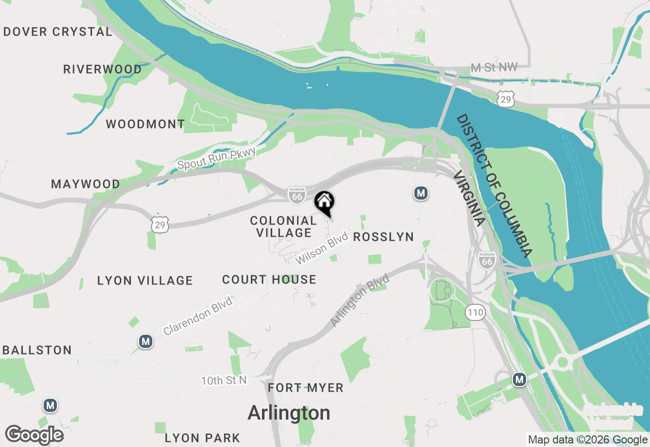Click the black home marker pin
pyautogui.click(x=324, y=202)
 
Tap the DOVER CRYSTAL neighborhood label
pyautogui.click(x=57, y=31)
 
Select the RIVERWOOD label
pyautogui.click(x=103, y=69)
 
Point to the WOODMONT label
pyautogui.click(x=145, y=124)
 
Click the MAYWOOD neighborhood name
pyautogui.click(x=86, y=184)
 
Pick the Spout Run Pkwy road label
pyautogui.click(x=216, y=158)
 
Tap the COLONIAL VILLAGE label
pyautogui.click(x=283, y=227)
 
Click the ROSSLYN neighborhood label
pyautogui.click(x=383, y=237)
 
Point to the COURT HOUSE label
pyautogui.click(x=269, y=279)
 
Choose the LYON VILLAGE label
pyautogui.click(x=145, y=280)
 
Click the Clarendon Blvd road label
pyautogui.click(x=198, y=316)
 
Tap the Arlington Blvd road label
pyautogui.click(x=360, y=300)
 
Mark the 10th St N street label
pyautogui.click(x=224, y=380)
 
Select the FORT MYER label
pyautogui.click(x=306, y=388)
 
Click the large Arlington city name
pyautogui.click(x=289, y=413)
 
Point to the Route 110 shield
pyautogui.click(x=476, y=312)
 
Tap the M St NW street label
pyautogui.click(x=494, y=68)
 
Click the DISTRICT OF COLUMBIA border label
pyautogui.click(x=494, y=185)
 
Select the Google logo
pyautogui.click(x=35, y=435)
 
